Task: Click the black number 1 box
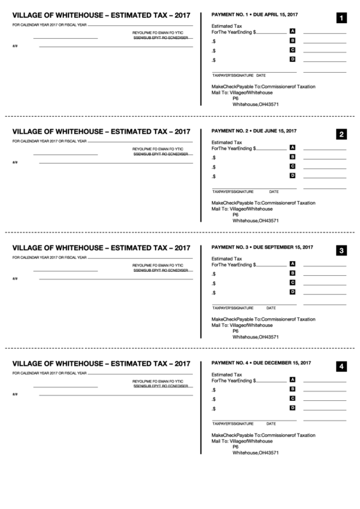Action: tap(340, 18)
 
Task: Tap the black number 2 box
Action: tap(340, 134)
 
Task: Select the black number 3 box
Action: tap(340, 251)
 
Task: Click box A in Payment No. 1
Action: tap(292, 31)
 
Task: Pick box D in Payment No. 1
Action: tap(292, 59)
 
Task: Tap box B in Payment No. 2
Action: tap(292, 157)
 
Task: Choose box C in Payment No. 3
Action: tap(292, 283)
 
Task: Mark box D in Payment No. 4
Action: tap(292, 408)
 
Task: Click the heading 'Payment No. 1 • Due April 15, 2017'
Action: tap(254, 14)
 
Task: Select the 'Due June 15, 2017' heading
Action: tap(274, 130)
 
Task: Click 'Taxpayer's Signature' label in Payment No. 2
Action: tap(232, 192)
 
